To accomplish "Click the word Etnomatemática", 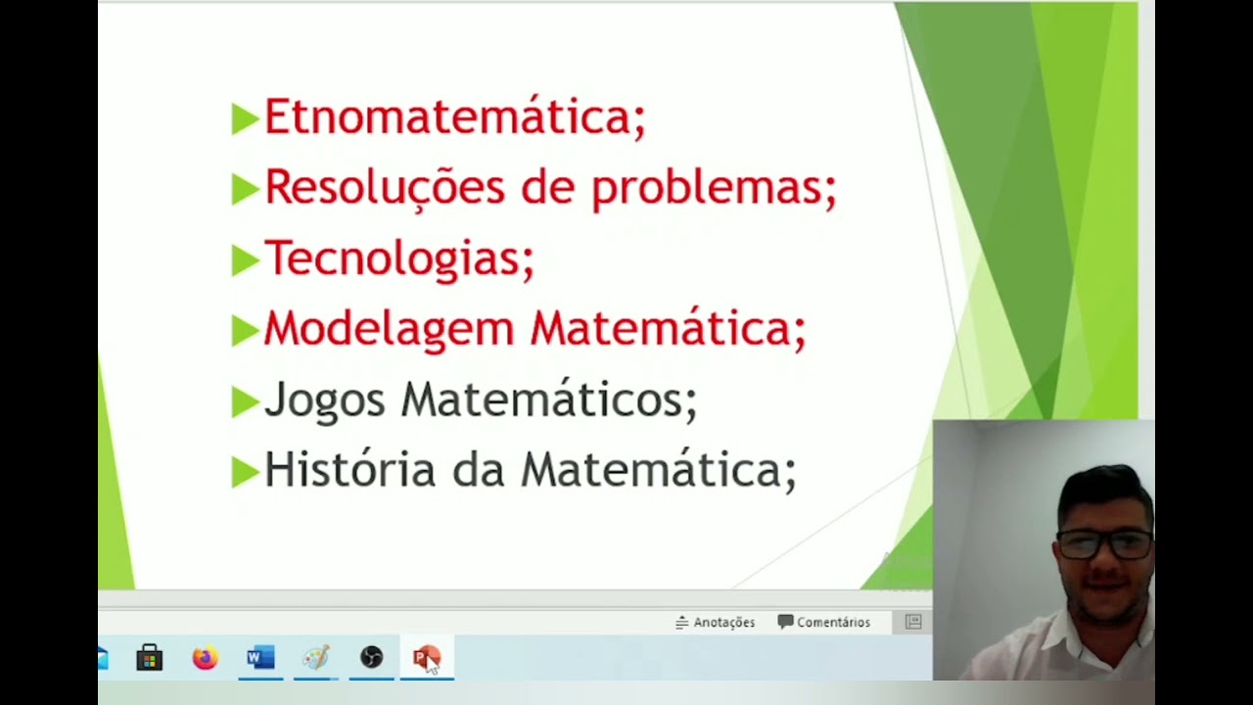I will pos(454,117).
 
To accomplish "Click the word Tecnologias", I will pos(398,258).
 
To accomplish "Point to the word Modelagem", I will pos(389,329).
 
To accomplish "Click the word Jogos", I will pos(325,399).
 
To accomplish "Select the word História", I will pos(349,470).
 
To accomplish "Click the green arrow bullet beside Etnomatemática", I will pos(244,118).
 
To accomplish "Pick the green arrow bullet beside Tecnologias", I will pos(244,259).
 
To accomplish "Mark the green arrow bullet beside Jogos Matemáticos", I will pos(244,401).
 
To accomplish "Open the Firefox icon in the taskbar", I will pos(205,658).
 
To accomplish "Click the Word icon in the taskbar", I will pos(260,658).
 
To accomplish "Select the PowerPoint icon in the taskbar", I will pos(426,658).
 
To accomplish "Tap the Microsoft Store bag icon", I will pos(150,658).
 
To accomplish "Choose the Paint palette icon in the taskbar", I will pos(315,658).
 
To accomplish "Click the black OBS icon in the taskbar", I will pos(371,658).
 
